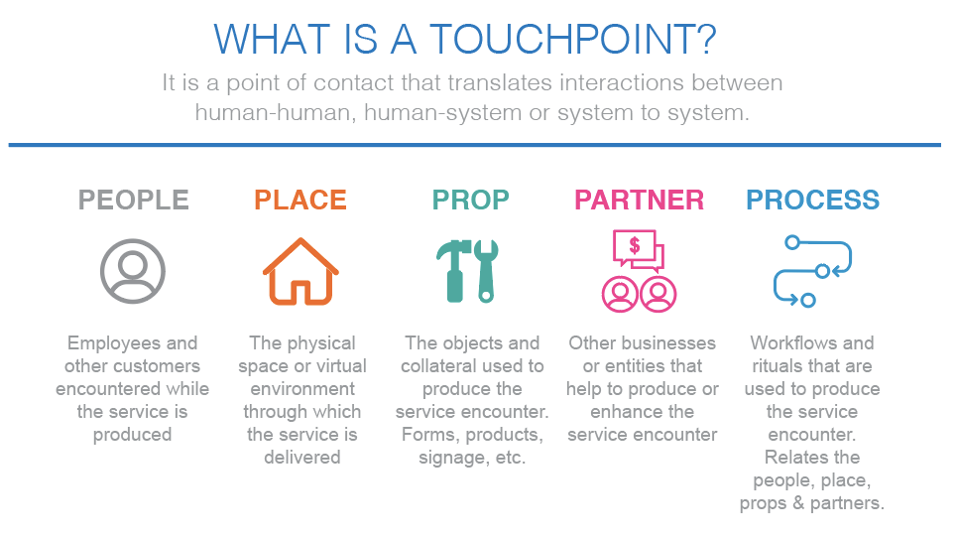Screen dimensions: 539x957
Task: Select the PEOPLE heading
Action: click(133, 200)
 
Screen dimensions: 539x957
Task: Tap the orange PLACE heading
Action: click(300, 200)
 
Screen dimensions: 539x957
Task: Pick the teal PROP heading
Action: click(470, 200)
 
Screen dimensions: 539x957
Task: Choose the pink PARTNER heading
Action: click(640, 200)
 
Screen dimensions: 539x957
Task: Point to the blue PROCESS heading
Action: click(812, 200)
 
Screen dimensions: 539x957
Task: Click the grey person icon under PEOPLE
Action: click(132, 270)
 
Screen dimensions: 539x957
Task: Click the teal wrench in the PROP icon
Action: click(486, 270)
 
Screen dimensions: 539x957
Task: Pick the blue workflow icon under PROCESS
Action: click(812, 270)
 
